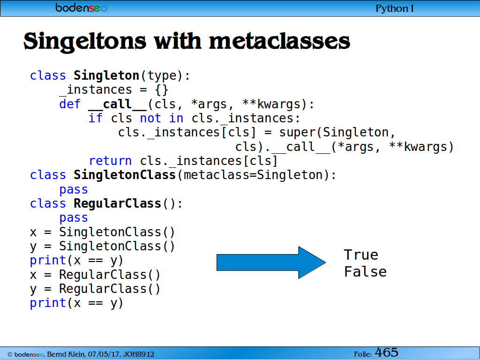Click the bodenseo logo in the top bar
tap(81, 7)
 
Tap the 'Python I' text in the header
tap(394, 8)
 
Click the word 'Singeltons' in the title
tap(85, 42)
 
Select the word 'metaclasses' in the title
tap(279, 41)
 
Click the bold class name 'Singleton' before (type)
tap(106, 75)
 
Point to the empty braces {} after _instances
tap(161, 90)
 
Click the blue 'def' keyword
tap(70, 104)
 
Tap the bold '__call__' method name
tap(118, 105)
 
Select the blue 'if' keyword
tap(96, 118)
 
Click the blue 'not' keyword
tap(150, 119)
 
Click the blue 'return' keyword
tap(110, 161)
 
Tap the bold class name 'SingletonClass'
tap(125, 175)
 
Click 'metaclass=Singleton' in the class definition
tap(253, 175)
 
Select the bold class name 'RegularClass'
tap(117, 203)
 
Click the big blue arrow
tap(271, 262)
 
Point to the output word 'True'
tap(361, 255)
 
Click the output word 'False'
tap(365, 272)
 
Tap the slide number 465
tap(387, 352)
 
